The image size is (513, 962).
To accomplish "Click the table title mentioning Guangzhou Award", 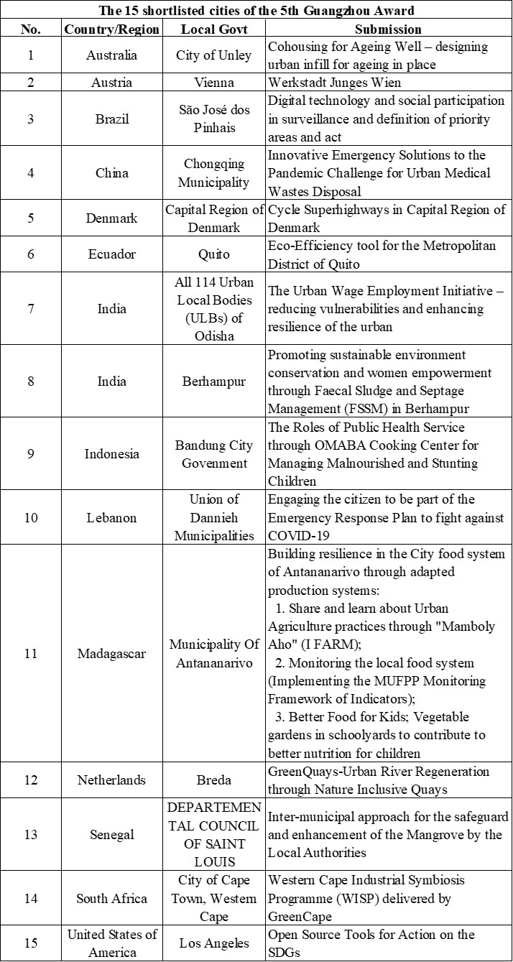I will click(x=256, y=10).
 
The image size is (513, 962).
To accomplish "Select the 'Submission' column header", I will click(x=388, y=29).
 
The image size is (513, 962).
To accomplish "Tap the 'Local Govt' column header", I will click(x=214, y=29).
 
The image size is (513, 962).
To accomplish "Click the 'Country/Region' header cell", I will click(x=111, y=29).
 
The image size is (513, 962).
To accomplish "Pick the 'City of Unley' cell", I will click(x=214, y=55).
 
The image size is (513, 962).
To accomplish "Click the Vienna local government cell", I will click(x=214, y=82).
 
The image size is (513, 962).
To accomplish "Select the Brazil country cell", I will click(x=111, y=119).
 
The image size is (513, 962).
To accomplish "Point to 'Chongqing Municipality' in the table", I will click(x=214, y=172).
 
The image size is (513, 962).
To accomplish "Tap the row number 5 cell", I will click(x=30, y=218).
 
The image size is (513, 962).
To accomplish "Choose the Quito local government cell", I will click(x=214, y=254).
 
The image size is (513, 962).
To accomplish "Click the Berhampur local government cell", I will click(x=214, y=381).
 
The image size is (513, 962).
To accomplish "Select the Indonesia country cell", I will click(x=111, y=454).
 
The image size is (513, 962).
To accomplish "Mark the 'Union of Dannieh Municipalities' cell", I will click(x=214, y=517).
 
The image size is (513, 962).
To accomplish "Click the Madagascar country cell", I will click(x=111, y=654).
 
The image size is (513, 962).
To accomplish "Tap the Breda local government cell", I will click(x=214, y=780).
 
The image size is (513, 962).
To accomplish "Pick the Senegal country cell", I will click(x=111, y=835).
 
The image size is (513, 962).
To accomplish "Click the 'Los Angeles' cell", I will click(x=214, y=943).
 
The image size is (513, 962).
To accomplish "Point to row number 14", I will click(x=30, y=898).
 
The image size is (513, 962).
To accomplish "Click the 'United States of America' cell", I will click(x=111, y=943).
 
